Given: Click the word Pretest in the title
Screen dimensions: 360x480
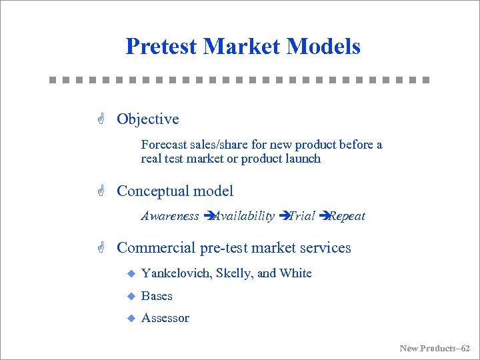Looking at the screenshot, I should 161,47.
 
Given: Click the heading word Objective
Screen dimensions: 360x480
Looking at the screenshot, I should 148,119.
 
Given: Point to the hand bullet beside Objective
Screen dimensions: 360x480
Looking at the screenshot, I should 101,119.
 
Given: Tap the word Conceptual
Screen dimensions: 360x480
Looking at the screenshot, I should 153,191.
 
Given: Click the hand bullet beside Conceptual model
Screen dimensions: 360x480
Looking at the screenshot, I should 101,191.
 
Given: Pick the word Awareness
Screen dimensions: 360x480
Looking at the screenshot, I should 170,216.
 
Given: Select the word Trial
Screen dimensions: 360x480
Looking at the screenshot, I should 301,216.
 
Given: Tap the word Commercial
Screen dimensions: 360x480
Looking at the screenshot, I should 156,248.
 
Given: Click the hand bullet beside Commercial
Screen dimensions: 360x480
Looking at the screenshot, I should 101,248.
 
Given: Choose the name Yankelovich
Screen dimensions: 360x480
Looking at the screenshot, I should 174,273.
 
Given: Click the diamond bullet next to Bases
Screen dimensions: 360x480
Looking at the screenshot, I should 131,296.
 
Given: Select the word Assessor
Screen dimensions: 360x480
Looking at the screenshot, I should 165,319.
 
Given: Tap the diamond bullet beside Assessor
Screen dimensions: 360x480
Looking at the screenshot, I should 131,319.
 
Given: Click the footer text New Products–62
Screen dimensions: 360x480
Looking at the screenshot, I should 435,348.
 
